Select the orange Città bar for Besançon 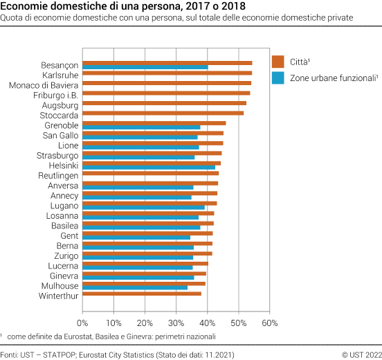167,63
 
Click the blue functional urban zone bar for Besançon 145,68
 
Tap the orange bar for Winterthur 142,294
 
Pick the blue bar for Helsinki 149,167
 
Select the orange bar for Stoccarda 163,113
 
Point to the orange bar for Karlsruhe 167,73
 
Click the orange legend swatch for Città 278,60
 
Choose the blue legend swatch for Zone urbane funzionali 278,78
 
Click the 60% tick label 270,323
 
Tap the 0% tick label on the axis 82,323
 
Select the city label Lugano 64,206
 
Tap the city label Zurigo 66,255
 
